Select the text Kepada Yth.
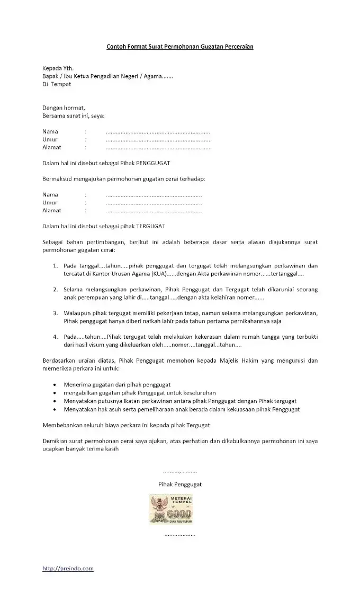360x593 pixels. pos(58,68)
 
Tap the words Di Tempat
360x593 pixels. pos(57,84)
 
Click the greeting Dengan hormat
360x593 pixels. pos(64,108)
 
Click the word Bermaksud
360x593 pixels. pos(57,179)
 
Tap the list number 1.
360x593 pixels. pos(55,266)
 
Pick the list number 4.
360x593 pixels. pos(55,337)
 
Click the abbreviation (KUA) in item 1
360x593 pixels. pos(156,274)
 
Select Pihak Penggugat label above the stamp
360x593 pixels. pos(179,484)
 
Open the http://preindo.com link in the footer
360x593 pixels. pos(68,569)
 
